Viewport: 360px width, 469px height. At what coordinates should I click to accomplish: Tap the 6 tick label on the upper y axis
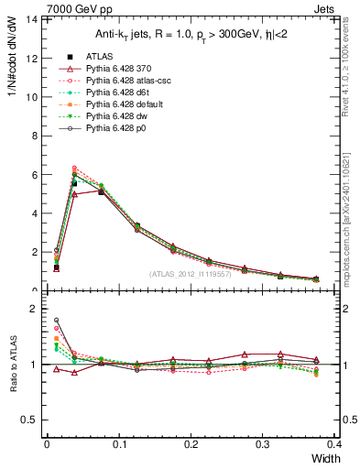click(x=36, y=175)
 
